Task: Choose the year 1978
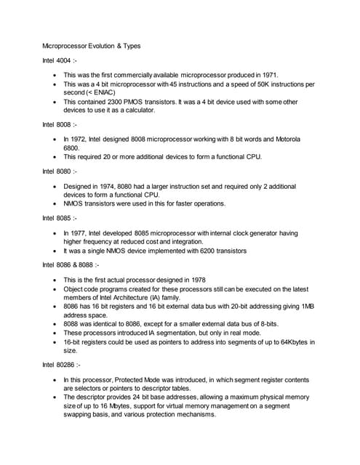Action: pos(201,280)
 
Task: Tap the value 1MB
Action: pos(309,306)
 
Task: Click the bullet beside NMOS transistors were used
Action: pos(57,203)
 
